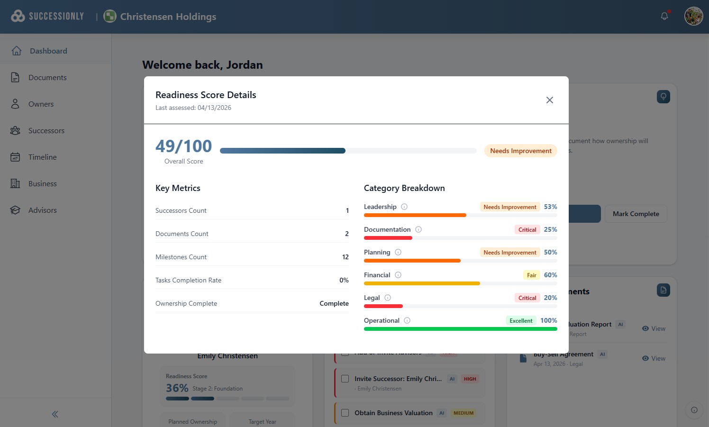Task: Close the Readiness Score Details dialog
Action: coord(549,100)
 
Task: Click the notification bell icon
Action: coord(664,16)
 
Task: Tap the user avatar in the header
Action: coord(693,16)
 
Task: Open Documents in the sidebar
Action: coord(47,78)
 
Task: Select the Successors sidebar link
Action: coord(46,131)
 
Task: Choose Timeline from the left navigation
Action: coord(42,157)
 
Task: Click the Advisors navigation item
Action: coord(42,210)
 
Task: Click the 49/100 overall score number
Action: coord(183,146)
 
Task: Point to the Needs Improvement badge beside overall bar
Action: coord(520,151)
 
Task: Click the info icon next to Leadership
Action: coord(404,207)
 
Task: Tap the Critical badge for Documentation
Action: coord(527,230)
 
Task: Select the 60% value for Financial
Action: coord(550,275)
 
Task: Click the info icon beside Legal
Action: coord(388,298)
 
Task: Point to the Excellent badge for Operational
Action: coord(521,321)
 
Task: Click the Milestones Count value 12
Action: coord(345,257)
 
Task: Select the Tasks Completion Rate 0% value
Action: coord(344,280)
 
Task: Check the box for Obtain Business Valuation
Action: coord(345,413)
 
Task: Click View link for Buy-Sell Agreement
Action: coord(654,358)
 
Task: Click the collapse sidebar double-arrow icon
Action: coord(55,414)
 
